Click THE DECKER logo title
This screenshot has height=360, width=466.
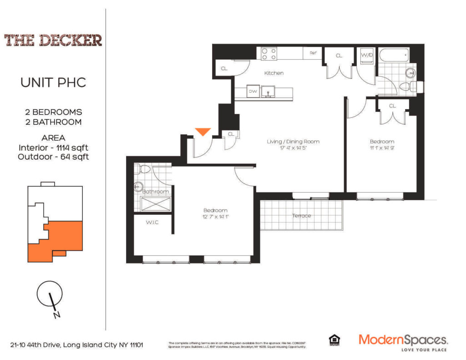[53, 40]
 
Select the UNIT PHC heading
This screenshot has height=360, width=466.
[53, 83]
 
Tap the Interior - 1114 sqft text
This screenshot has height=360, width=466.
[53, 147]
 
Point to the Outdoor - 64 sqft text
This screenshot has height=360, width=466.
[53, 157]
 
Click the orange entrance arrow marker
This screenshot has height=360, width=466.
[203, 132]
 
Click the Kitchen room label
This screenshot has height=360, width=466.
[274, 73]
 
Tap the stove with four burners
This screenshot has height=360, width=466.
[269, 54]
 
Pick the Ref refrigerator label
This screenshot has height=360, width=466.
[313, 53]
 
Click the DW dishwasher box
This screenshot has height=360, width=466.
[253, 91]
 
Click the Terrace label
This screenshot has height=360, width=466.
[301, 215]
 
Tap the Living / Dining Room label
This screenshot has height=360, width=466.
[293, 142]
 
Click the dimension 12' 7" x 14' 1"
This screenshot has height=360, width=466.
[215, 217]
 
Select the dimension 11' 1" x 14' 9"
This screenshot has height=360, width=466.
[382, 148]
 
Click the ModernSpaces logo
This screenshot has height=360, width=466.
[403, 340]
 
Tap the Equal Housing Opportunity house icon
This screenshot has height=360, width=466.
[334, 340]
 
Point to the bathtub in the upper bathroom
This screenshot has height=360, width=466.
[394, 56]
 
